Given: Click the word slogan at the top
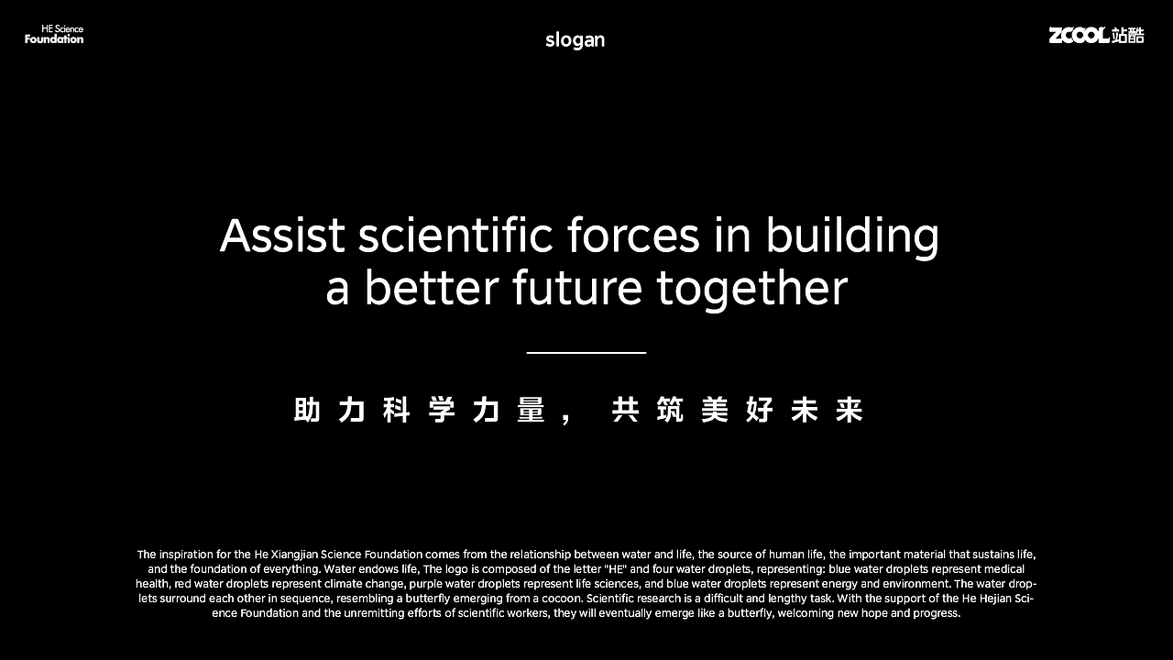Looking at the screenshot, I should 575,39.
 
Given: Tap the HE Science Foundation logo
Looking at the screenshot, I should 54,35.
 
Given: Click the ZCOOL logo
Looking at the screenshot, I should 1096,35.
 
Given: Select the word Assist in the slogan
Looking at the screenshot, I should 282,236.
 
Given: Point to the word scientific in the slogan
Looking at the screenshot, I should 455,236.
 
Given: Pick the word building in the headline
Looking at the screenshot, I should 852,236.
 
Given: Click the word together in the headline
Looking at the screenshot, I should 751,288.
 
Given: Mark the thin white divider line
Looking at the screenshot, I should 586,352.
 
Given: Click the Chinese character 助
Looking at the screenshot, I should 307,411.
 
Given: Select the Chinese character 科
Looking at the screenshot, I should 397,411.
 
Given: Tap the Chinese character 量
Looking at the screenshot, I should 531,411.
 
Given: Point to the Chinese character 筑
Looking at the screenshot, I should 670,411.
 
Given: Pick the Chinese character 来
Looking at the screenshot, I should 850,411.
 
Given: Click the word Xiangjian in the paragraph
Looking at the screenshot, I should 295,555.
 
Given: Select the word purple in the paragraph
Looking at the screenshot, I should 426,584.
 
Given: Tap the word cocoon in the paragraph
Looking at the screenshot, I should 563,599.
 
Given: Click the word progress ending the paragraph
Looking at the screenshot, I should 937,613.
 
